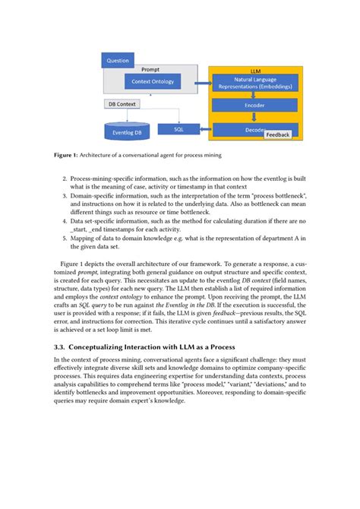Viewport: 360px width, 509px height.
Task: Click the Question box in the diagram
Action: pyautogui.click(x=118, y=59)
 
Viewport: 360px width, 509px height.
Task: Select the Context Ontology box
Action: pyautogui.click(x=151, y=81)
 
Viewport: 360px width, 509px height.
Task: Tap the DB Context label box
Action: pyautogui.click(x=121, y=103)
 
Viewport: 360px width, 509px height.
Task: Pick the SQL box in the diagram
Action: pyautogui.click(x=178, y=130)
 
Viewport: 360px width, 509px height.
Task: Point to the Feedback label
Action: pyautogui.click(x=278, y=134)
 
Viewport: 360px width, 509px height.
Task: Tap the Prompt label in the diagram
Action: pyautogui.click(x=151, y=69)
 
